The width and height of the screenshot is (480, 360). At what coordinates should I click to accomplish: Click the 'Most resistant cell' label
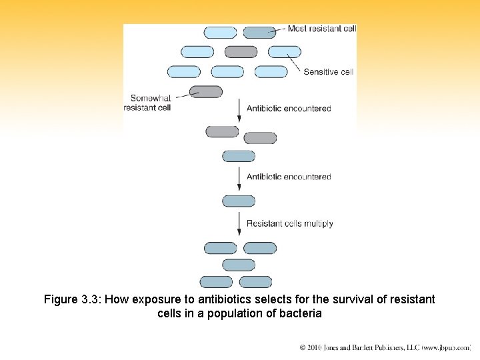tap(321, 29)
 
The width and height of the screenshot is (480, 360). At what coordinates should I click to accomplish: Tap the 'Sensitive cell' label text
tap(328, 72)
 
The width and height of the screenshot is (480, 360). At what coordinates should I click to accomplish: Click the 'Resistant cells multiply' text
tap(289, 223)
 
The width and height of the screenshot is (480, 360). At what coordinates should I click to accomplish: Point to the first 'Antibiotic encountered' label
tap(289, 108)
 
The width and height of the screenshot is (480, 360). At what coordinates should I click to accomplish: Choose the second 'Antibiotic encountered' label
tap(289, 177)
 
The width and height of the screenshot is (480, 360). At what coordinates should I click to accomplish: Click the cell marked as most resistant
tap(259, 32)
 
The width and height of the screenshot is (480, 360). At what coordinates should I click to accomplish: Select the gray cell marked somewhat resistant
tap(206, 92)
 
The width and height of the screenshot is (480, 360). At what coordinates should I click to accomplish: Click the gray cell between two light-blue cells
tap(241, 51)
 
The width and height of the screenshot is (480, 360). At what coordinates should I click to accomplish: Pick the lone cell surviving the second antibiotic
tap(239, 201)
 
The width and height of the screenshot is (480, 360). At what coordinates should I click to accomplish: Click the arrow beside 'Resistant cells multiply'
tap(239, 224)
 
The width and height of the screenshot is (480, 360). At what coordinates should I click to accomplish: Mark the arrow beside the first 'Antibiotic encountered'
tap(239, 110)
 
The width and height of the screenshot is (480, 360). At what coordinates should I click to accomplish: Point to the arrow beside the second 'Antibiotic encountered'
tap(239, 178)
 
